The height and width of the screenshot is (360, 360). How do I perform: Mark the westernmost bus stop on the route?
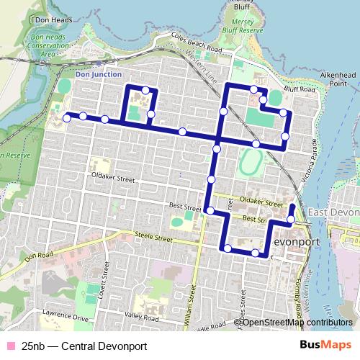66,117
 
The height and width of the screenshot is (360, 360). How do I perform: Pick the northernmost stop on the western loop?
146,90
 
